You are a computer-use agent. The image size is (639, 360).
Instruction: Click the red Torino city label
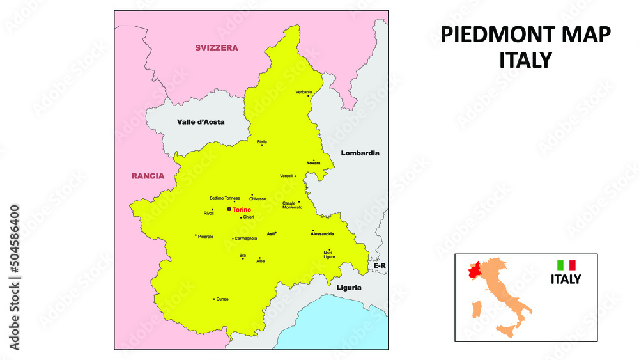coord(242,210)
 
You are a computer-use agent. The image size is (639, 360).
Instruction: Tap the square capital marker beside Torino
coord(229,209)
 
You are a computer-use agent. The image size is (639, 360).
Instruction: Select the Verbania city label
coord(304,92)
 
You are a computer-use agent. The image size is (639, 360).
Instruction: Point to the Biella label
coord(262,141)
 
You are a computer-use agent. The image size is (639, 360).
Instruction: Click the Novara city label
coord(313,163)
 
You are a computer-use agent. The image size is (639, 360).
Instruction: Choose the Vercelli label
coord(286,176)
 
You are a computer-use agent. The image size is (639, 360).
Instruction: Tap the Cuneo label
coord(222,299)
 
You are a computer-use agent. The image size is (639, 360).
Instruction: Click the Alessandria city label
coord(322,234)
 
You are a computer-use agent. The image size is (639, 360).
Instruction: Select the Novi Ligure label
coord(329,254)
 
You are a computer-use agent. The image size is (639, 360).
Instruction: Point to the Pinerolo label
coord(206,237)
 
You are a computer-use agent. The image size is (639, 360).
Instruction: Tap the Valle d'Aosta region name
coord(201,121)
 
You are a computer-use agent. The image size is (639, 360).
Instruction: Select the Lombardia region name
coord(360,153)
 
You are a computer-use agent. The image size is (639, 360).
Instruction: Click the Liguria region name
coord(349,287)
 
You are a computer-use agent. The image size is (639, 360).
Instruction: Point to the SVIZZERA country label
coord(216,47)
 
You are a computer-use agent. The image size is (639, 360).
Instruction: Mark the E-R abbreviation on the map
coord(380,265)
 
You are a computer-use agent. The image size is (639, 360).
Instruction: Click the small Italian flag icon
coord(566,265)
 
